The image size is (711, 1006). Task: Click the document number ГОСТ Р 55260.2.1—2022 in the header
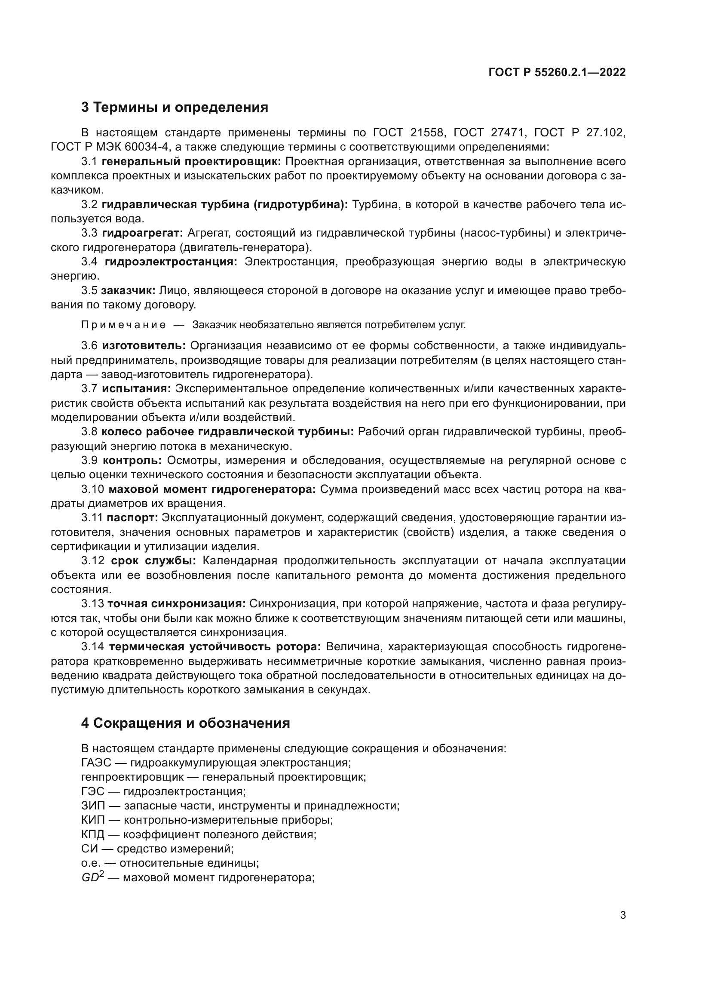pyautogui.click(x=557, y=73)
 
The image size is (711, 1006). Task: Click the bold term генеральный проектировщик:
pyautogui.click(x=191, y=162)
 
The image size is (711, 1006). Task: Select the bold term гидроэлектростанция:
pyautogui.click(x=171, y=262)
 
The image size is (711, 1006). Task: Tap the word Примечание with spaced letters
pyautogui.click(x=124, y=325)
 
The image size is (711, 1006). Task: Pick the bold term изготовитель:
pyautogui.click(x=144, y=346)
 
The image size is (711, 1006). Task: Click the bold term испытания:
pyautogui.click(x=137, y=389)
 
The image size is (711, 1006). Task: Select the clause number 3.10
pyautogui.click(x=92, y=489)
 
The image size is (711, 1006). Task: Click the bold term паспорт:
pyautogui.click(x=132, y=518)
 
